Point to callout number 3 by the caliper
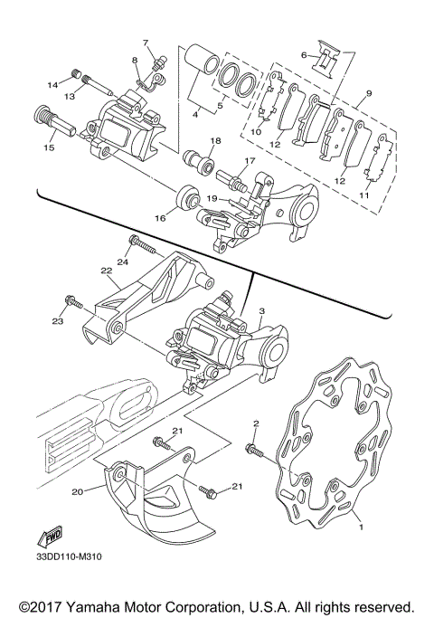(x=261, y=310)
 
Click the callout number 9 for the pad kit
(x=368, y=92)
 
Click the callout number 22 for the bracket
(x=106, y=270)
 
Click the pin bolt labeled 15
(x=42, y=119)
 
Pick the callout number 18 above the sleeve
(x=214, y=141)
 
